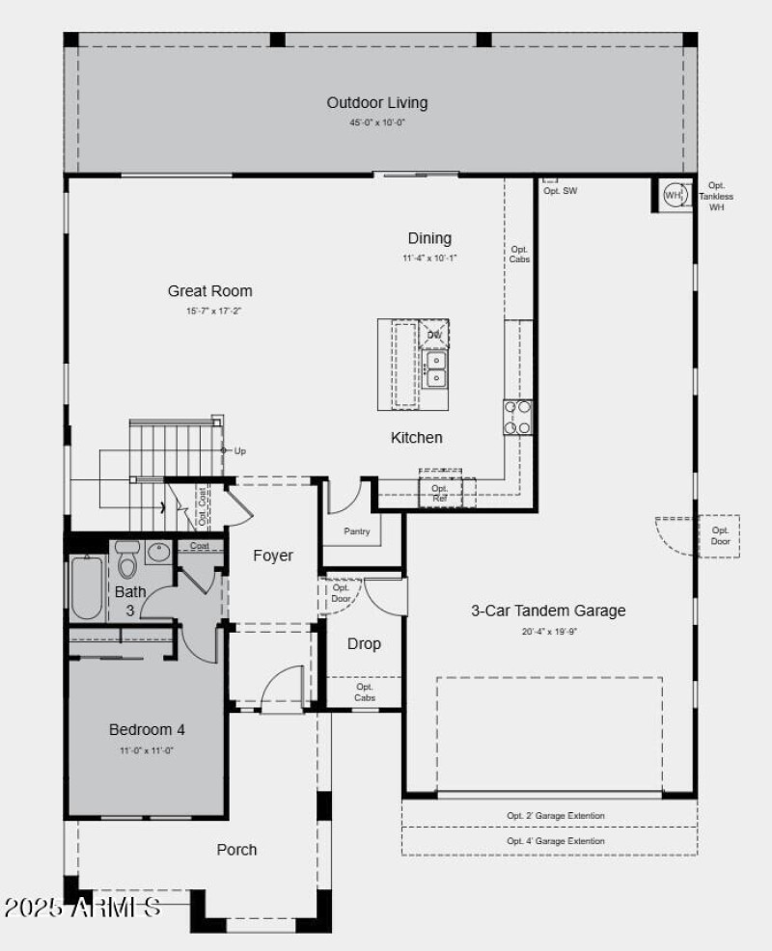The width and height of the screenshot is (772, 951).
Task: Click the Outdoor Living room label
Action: click(x=376, y=103)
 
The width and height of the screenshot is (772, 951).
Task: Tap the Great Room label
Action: click(x=209, y=291)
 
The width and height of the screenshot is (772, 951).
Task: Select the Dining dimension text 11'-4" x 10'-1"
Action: click(x=429, y=258)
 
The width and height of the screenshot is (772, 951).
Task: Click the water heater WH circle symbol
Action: click(x=674, y=196)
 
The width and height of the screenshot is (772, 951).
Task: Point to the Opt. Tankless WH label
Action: click(x=716, y=197)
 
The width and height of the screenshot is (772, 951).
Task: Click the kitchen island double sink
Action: click(x=436, y=368)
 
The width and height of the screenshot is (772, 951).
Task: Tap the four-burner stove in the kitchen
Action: click(x=517, y=417)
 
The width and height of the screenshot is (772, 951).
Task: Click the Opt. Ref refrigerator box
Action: click(x=440, y=493)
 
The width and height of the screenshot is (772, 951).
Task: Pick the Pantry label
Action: click(x=356, y=531)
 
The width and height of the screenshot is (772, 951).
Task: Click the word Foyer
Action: click(x=273, y=556)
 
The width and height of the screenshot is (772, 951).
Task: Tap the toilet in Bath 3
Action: click(x=127, y=560)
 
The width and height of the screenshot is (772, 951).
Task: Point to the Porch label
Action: click(x=236, y=850)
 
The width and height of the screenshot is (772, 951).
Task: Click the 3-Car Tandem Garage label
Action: click(x=548, y=611)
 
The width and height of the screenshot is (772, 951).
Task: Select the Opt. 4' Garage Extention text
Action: click(x=556, y=841)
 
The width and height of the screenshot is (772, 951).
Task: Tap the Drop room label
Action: click(x=364, y=643)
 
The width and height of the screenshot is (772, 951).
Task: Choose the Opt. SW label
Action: click(x=560, y=191)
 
